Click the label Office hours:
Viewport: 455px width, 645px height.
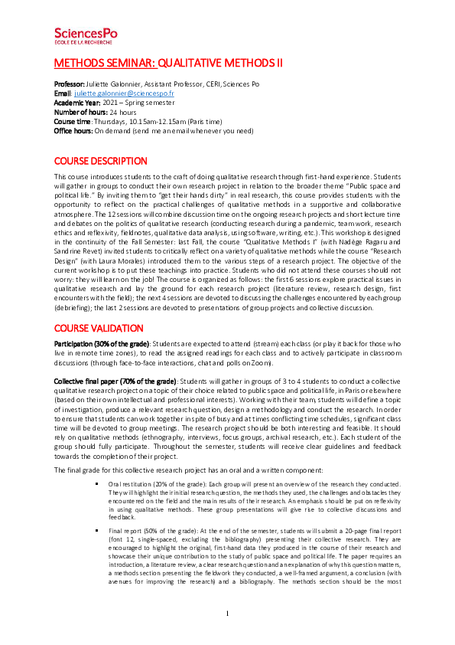click(73, 131)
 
